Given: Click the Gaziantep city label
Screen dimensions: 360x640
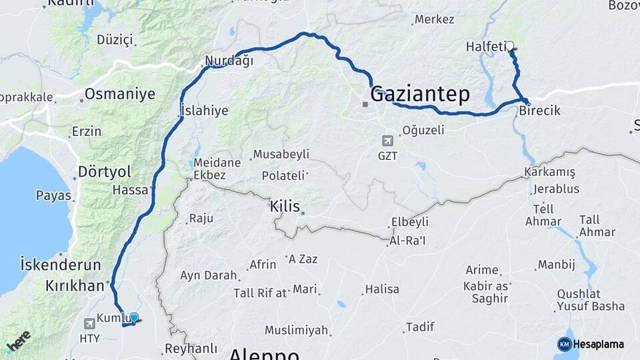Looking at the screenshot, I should [420, 93].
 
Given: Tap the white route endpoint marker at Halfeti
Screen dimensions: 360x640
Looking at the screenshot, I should [510, 46].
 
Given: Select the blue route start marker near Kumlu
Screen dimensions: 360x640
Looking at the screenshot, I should [134, 318].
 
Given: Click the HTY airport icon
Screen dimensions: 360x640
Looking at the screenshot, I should [89, 323].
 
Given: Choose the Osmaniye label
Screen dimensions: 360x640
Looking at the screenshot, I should [119, 93].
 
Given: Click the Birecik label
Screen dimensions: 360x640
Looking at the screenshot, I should [538, 111].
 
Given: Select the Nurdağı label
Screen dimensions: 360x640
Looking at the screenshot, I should [229, 61].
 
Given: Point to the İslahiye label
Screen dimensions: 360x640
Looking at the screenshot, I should [205, 110].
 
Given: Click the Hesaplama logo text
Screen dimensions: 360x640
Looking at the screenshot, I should [598, 344].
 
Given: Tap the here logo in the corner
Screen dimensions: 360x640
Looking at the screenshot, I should [17, 341].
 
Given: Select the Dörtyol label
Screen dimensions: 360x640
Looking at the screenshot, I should [104, 171].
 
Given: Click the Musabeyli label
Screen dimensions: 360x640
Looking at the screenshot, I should [282, 154].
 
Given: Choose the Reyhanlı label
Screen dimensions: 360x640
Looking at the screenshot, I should [191, 348].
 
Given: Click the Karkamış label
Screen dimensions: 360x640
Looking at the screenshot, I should [550, 172].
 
